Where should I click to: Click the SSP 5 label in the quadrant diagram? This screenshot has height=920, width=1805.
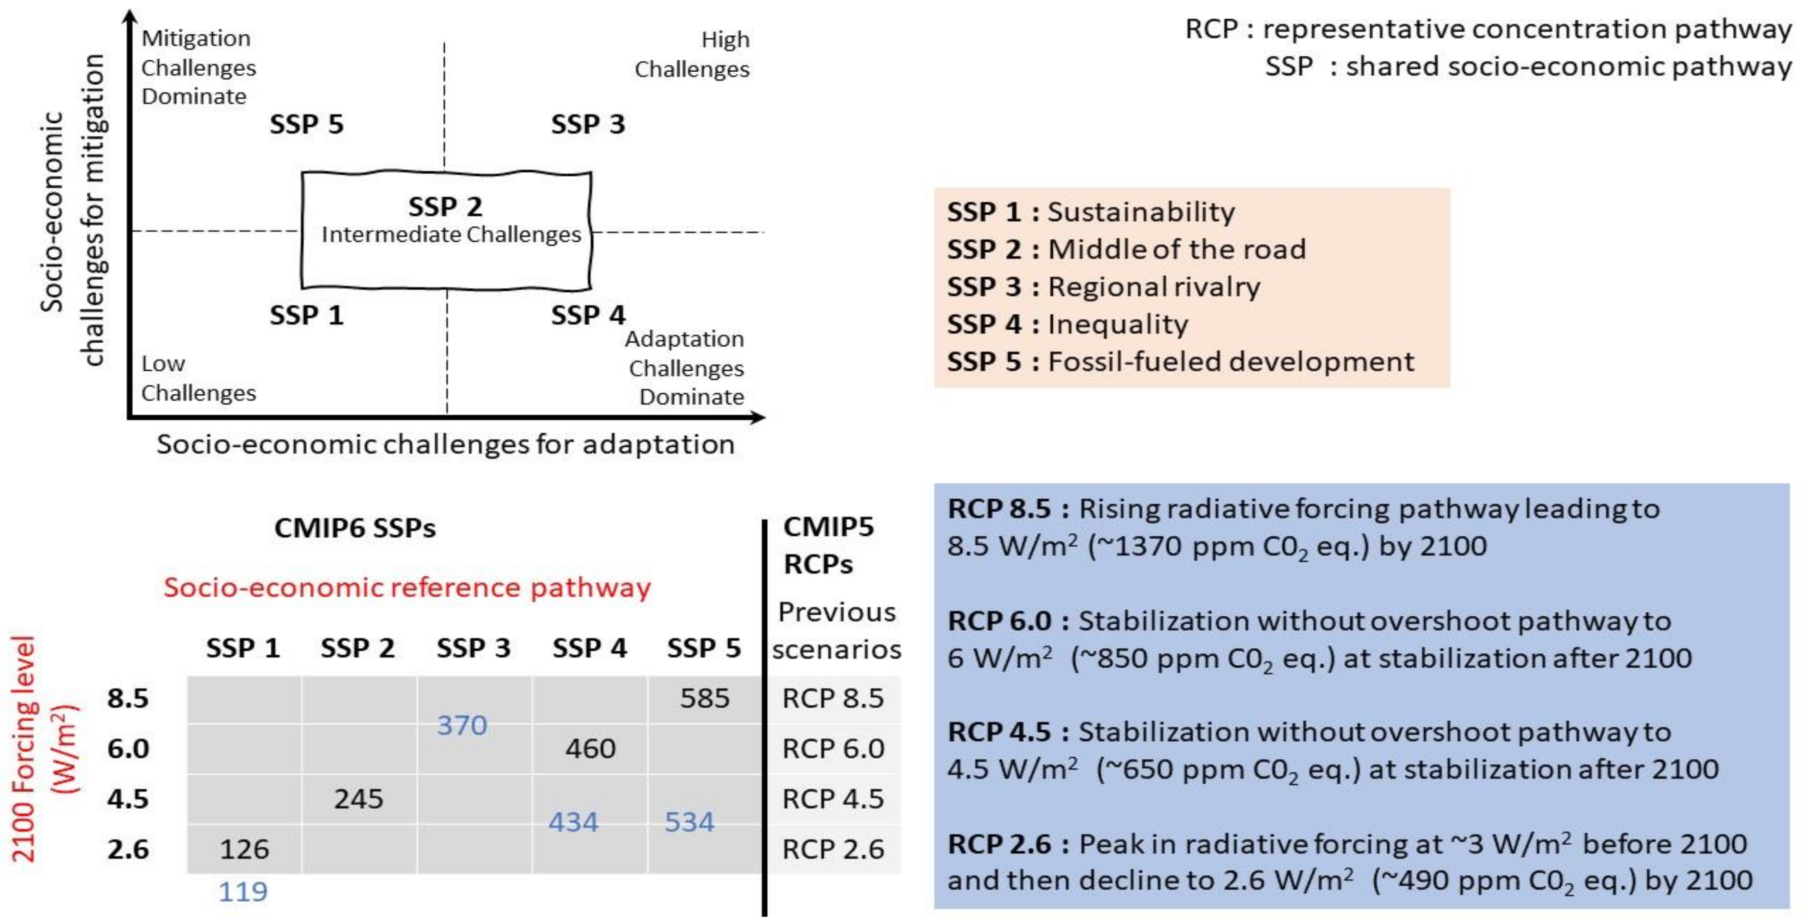(x=306, y=125)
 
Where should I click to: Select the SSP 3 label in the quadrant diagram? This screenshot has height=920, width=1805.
(x=587, y=125)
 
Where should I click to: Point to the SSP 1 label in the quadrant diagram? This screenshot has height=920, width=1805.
(x=306, y=315)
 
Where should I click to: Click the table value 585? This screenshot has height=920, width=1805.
(x=704, y=699)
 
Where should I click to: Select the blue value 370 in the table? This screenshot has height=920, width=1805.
(x=462, y=725)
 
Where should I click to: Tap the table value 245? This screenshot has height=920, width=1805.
(x=358, y=799)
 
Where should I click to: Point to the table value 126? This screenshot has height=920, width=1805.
(x=244, y=849)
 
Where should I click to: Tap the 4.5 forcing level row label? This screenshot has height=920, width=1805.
(x=128, y=799)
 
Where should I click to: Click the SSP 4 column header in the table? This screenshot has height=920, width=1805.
(x=589, y=648)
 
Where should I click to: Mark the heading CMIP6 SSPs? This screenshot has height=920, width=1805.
(x=355, y=528)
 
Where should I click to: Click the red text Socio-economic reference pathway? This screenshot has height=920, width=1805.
(x=407, y=587)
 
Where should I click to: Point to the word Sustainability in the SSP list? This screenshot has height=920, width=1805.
(x=1141, y=212)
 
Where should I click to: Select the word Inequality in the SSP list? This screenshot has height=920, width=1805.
(x=1118, y=324)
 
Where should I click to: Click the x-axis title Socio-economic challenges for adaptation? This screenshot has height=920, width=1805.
(x=446, y=444)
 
